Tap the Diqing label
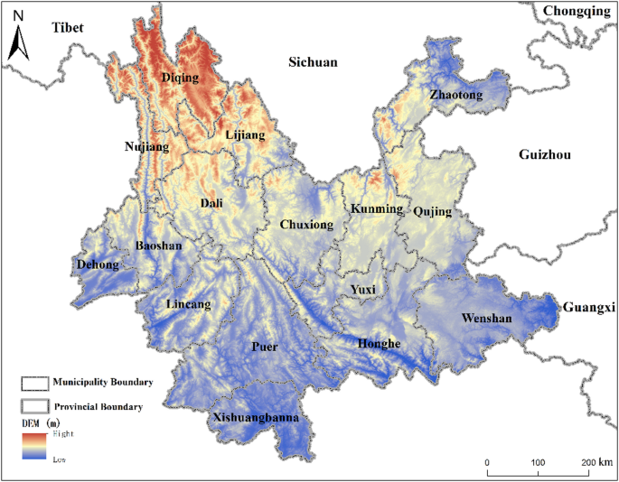179,78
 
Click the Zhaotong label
456,95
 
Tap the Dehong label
97,264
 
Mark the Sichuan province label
313,62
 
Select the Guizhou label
545,155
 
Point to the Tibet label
67,28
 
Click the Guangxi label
588,308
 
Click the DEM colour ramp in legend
34,446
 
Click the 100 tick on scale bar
539,462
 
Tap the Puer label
265,347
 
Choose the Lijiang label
244,135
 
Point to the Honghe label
378,344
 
